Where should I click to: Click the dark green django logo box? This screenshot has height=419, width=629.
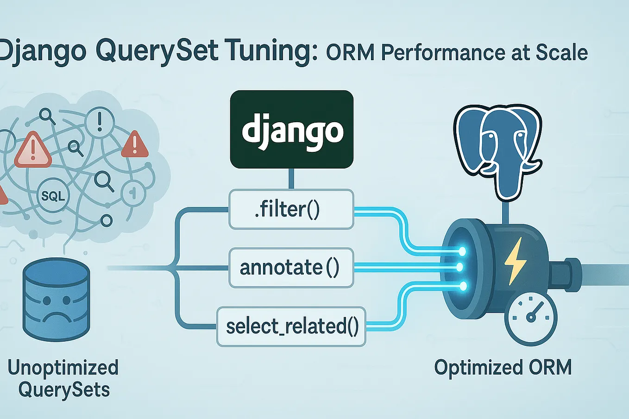[291, 129]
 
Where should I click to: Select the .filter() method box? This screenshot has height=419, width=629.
[291, 209]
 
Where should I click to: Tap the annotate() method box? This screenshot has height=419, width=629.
[291, 268]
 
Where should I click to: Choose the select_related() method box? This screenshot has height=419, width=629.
[291, 326]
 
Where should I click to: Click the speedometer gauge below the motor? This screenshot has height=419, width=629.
[531, 318]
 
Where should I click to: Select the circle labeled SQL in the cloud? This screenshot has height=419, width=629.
[53, 196]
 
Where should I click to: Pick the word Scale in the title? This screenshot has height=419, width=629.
[562, 53]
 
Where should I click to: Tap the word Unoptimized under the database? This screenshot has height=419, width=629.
[63, 368]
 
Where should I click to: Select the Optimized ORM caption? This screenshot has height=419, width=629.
[503, 368]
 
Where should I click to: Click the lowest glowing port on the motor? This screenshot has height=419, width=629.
[462, 286]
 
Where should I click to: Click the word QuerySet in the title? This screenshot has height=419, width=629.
[159, 51]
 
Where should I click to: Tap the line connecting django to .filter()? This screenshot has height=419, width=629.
[291, 178]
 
